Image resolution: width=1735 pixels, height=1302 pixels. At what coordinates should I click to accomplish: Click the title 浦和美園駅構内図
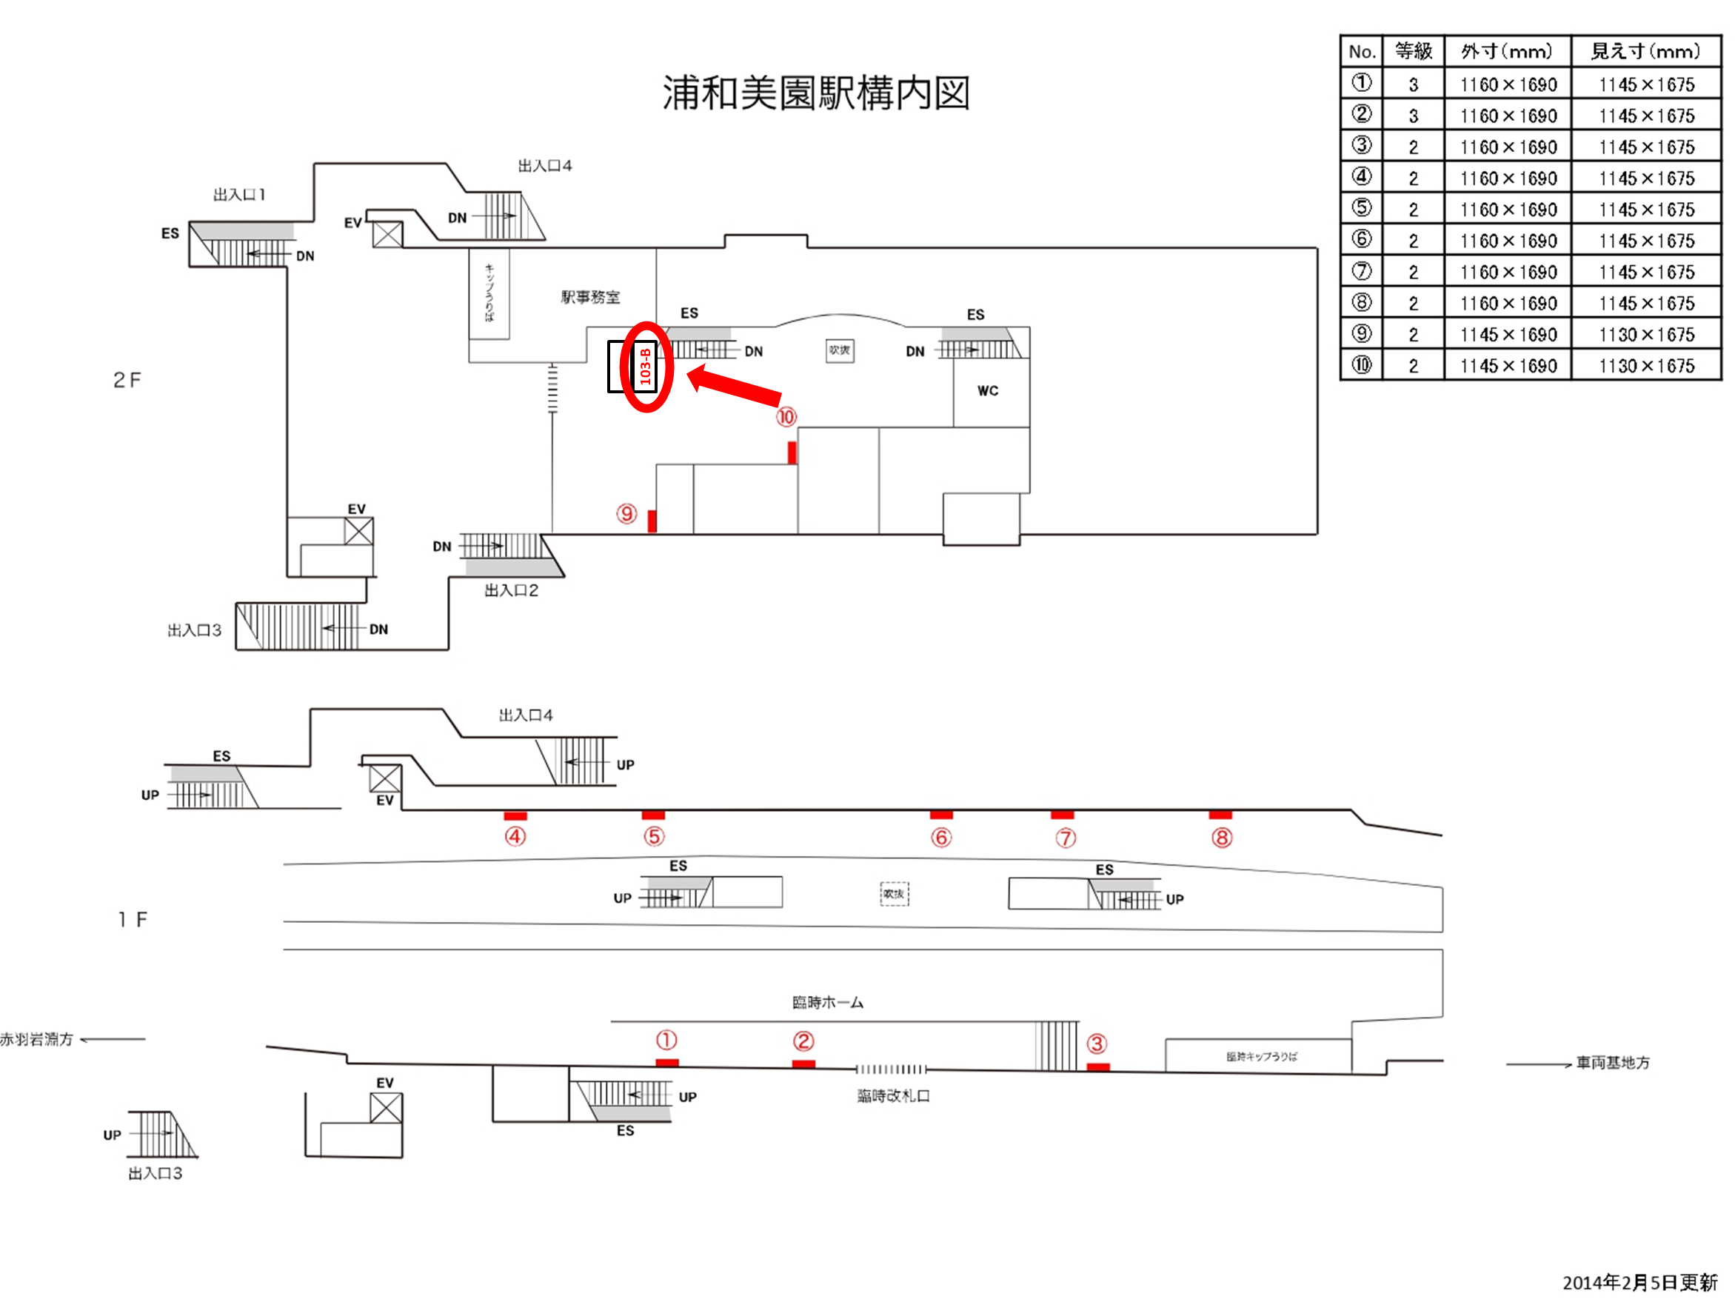click(x=816, y=93)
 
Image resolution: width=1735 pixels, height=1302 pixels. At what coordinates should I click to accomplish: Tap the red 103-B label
click(x=645, y=367)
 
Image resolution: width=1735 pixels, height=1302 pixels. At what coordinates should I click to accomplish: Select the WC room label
click(x=988, y=390)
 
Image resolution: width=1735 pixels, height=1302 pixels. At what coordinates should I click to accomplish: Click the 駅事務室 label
click(x=590, y=297)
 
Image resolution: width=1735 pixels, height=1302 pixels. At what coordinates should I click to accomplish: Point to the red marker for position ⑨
click(x=652, y=520)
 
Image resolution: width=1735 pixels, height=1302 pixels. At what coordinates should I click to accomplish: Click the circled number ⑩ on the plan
click(x=786, y=416)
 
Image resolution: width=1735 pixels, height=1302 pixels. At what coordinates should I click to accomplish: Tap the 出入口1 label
click(x=239, y=195)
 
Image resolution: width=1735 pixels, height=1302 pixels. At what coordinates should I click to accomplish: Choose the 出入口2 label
click(x=511, y=590)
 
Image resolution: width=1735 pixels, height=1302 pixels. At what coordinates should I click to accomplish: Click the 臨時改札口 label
click(x=892, y=1095)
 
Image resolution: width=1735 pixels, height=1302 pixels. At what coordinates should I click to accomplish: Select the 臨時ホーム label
click(x=827, y=1002)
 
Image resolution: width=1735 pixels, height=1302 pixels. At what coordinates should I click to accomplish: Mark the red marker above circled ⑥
click(x=941, y=815)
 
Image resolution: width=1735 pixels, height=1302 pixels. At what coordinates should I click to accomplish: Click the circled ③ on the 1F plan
click(x=1097, y=1044)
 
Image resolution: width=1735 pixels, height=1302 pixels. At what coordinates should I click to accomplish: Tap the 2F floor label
click(x=127, y=381)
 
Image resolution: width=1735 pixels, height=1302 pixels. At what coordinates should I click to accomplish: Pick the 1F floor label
click(x=133, y=919)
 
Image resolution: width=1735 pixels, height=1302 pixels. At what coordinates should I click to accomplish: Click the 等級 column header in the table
click(x=1413, y=52)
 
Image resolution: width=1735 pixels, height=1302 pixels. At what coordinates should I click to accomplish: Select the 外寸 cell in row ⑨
click(x=1508, y=335)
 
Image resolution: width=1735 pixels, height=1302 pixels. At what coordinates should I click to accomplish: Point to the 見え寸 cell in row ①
click(x=1646, y=84)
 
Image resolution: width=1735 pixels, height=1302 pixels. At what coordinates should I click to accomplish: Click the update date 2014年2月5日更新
click(x=1639, y=1283)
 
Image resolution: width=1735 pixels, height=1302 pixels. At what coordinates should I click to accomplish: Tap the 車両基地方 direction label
click(x=1613, y=1063)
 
